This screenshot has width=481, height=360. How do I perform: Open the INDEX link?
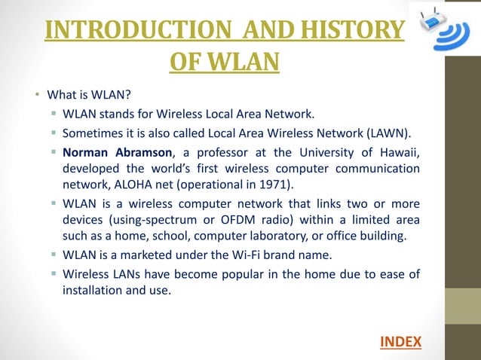click(x=400, y=342)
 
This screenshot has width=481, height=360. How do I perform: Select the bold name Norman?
click(x=86, y=152)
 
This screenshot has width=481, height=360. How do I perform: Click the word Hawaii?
click(x=399, y=152)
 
